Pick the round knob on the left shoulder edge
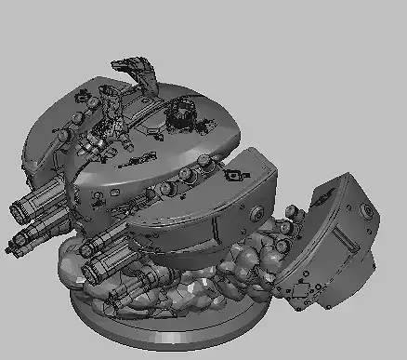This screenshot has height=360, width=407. pos(63,136)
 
